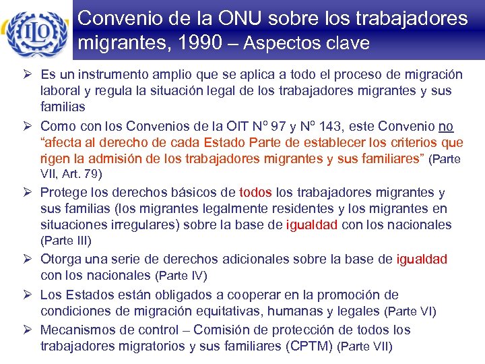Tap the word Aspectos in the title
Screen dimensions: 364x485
tap(280, 43)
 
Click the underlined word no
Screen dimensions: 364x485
tap(446, 125)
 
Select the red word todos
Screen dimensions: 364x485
tap(255, 193)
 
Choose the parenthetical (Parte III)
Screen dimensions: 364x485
tap(66, 240)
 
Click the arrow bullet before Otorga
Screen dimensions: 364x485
tap(30, 259)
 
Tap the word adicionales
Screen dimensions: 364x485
tap(281, 259)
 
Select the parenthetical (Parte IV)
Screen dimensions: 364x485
tap(181, 276)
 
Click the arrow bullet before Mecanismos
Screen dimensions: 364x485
tap(30, 330)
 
